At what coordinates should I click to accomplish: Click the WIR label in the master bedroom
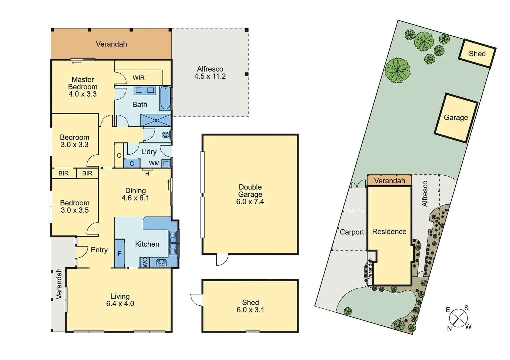tap(138, 78)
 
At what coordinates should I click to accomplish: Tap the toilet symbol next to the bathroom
tap(166, 135)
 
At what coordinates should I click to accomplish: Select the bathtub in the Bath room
tap(165, 98)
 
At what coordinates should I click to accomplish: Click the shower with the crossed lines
tap(155, 120)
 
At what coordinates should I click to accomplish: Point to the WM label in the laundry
tap(154, 163)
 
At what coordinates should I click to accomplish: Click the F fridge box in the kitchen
tap(119, 254)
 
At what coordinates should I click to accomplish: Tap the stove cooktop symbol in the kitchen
tap(161, 263)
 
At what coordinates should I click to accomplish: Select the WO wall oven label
tap(145, 263)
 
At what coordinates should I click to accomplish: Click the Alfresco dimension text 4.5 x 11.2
tap(210, 76)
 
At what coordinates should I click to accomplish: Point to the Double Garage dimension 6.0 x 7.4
tap(250, 202)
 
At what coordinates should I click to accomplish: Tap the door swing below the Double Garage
tap(222, 260)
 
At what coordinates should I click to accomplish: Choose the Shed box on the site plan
tap(477, 54)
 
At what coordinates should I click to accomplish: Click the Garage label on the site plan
tap(456, 118)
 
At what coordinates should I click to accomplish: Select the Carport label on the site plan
tap(352, 232)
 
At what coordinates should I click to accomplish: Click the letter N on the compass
tap(449, 329)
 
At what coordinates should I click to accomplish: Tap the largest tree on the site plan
tap(397, 70)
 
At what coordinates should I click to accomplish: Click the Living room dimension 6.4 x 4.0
tap(120, 304)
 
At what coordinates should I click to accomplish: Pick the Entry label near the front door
tap(99, 250)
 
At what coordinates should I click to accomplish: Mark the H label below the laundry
tap(147, 174)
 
